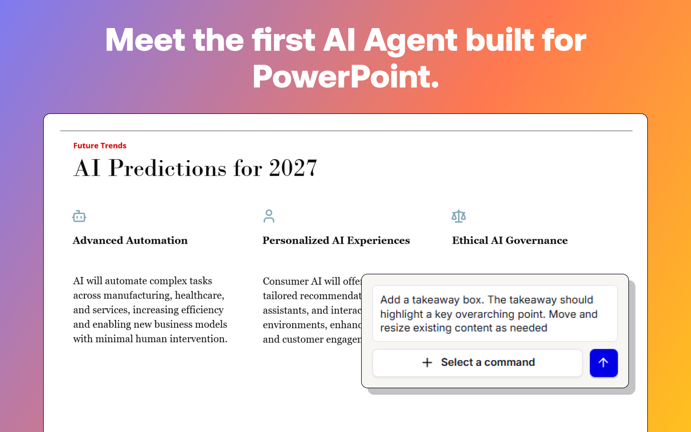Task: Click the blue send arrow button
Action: point(603,363)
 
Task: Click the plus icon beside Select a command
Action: point(427,363)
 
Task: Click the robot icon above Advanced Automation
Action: point(79,216)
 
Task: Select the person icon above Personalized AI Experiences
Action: point(269,216)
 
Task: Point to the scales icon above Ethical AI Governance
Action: point(459,216)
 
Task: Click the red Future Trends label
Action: point(100,146)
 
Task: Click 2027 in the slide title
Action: point(293,168)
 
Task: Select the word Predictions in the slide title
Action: point(168,168)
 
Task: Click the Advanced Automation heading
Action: point(130,241)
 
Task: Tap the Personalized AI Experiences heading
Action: point(336,241)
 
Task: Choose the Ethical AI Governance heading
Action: point(510,241)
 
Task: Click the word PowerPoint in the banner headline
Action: point(345,77)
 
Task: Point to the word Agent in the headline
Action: point(411,40)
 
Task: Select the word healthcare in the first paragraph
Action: point(199,295)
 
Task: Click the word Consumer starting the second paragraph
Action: point(286,281)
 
